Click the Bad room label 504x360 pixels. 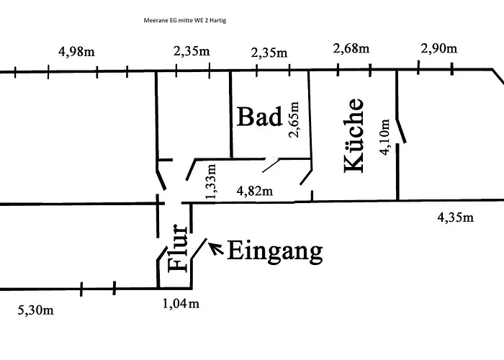click(x=259, y=117)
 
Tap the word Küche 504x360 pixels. click(x=354, y=135)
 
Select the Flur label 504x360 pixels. click(x=177, y=248)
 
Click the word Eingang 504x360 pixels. click(x=275, y=252)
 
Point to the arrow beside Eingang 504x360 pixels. click(x=216, y=248)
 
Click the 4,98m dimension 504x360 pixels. click(x=76, y=51)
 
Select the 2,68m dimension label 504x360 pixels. click(x=351, y=48)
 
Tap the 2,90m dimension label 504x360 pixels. click(x=438, y=48)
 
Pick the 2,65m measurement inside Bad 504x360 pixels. click(x=294, y=120)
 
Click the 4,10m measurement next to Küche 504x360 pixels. click(x=384, y=138)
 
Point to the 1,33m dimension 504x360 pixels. click(x=211, y=181)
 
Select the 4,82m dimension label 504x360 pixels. click(x=255, y=192)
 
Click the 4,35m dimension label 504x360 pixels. click(x=456, y=217)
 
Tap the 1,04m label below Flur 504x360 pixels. click(x=181, y=303)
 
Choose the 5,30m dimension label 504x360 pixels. click(x=36, y=310)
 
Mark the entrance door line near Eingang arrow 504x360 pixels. click(x=199, y=248)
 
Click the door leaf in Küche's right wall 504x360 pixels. click(x=401, y=131)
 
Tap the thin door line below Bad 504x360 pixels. click(x=271, y=165)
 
